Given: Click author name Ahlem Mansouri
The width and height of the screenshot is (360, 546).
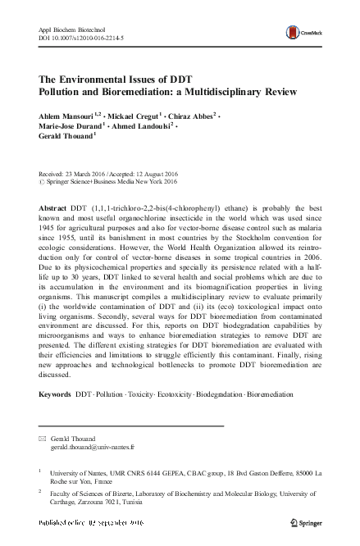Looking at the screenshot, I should click(x=69, y=117).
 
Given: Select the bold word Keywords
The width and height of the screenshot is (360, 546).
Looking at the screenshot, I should click(x=56, y=394).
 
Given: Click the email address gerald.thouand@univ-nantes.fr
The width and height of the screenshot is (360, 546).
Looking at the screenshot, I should click(x=93, y=448).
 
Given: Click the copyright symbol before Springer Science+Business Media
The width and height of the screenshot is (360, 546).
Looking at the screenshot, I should click(x=43, y=182).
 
